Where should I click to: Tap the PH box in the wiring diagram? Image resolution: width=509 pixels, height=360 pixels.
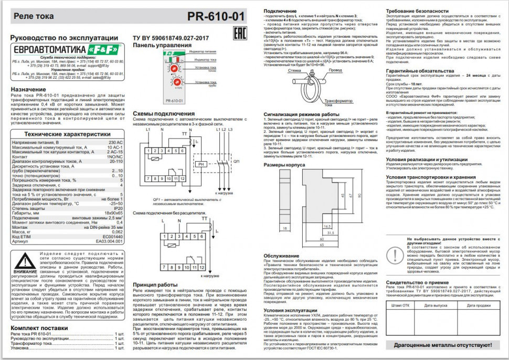pyautogui.click(x=201, y=165)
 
